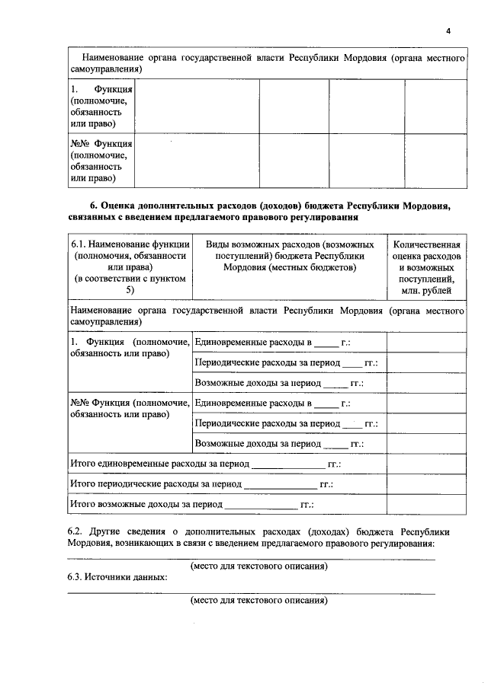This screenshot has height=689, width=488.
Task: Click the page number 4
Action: tap(448, 30)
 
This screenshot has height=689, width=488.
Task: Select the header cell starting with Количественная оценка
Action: tap(426, 267)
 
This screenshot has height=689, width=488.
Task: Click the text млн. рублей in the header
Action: tap(426, 290)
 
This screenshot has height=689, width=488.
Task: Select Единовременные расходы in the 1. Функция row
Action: tap(244, 343)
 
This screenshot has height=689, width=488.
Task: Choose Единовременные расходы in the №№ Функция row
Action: tap(244, 403)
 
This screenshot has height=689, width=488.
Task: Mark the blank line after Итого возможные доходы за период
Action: tap(262, 506)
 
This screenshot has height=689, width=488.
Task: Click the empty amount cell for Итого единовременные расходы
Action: tap(426, 463)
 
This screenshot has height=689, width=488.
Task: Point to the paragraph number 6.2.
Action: tap(75, 531)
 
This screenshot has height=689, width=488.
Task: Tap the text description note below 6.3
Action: tap(258, 600)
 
